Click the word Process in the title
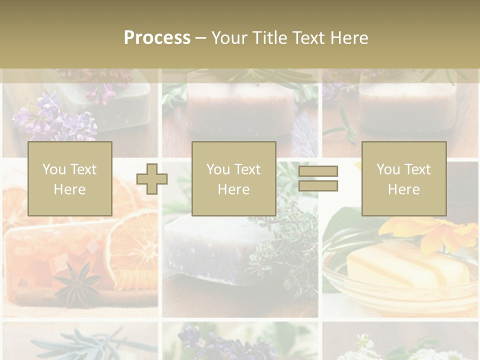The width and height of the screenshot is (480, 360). (x=157, y=38)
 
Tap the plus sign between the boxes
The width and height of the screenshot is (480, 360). (x=152, y=179)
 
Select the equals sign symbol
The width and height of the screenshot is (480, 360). (x=318, y=178)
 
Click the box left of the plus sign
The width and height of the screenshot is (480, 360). (x=69, y=178)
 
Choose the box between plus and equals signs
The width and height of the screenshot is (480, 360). (x=233, y=178)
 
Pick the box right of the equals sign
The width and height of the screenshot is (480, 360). (x=403, y=178)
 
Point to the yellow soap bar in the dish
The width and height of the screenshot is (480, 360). (x=407, y=265)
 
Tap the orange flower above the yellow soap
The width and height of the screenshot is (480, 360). (x=430, y=232)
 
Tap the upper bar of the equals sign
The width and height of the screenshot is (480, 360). (x=318, y=171)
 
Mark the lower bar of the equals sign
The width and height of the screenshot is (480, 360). (x=318, y=185)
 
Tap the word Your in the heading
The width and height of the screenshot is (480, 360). (x=230, y=38)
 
